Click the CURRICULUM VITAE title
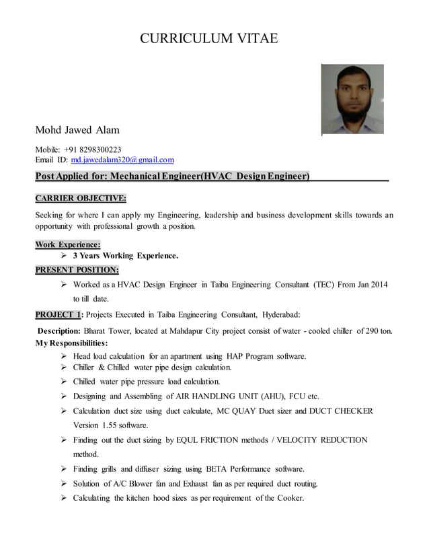(x=208, y=39)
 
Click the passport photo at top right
(x=352, y=99)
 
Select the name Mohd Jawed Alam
(x=77, y=129)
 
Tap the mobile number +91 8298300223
(x=93, y=149)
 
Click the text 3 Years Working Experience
(x=126, y=256)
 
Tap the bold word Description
(x=59, y=331)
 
